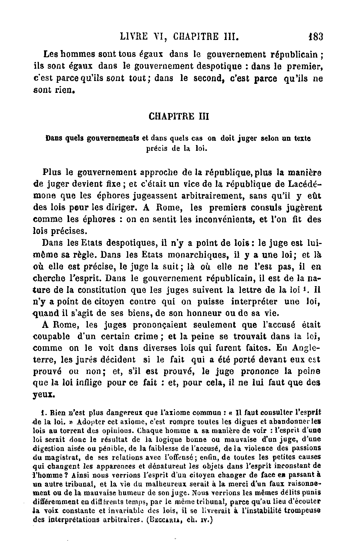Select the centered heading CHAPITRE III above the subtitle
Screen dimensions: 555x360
179,117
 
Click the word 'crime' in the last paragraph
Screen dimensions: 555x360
146,337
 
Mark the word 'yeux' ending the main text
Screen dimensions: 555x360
43,395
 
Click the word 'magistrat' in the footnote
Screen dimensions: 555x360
59,457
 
